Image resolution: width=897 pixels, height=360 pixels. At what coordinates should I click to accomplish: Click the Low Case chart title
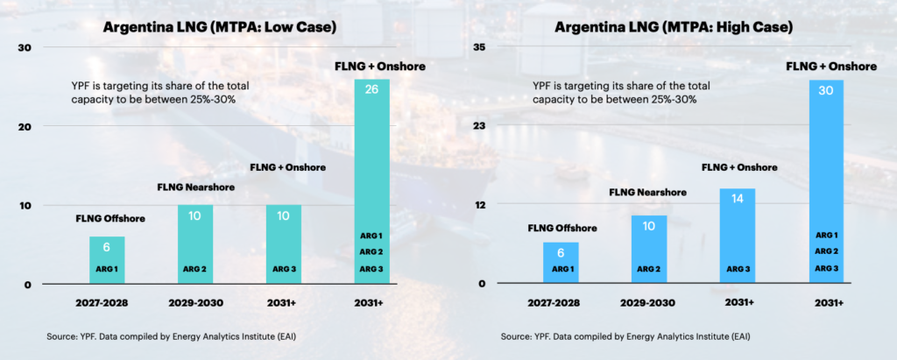click(x=220, y=27)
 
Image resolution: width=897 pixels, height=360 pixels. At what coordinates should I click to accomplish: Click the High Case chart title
click(x=674, y=27)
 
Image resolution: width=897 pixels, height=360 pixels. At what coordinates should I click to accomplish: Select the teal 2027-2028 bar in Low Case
click(x=107, y=260)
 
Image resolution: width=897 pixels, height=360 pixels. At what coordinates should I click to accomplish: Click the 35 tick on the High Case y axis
click(x=478, y=46)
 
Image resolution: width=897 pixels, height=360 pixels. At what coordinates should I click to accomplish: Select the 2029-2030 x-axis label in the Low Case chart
click(x=195, y=302)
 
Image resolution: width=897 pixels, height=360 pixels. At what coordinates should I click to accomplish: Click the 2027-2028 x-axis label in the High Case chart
click(x=561, y=302)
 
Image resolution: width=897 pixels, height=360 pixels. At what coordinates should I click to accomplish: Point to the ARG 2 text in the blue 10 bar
click(x=649, y=268)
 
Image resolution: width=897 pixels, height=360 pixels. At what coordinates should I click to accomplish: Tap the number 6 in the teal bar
click(x=107, y=249)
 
